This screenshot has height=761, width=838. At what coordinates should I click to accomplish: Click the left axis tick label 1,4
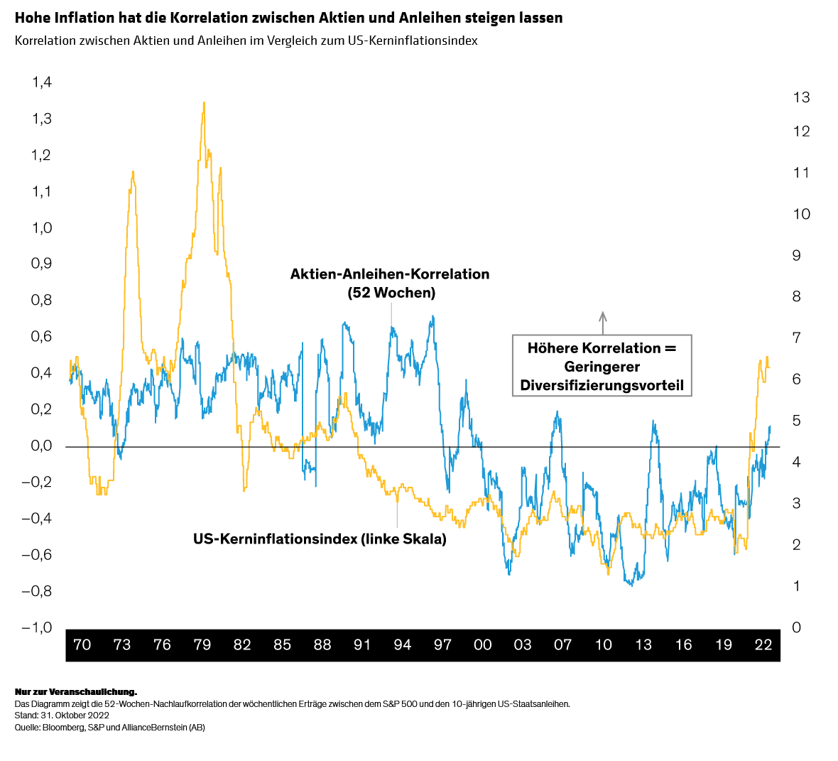(42, 82)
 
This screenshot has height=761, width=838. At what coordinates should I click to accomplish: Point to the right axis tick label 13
(802, 97)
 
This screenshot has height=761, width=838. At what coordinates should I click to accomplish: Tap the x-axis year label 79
(202, 645)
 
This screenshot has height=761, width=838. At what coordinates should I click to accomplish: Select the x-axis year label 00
(483, 645)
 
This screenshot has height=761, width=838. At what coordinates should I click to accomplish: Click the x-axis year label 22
(763, 645)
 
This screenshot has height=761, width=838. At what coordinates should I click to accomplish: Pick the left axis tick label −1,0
(37, 627)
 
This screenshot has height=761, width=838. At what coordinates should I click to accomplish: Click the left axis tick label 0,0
(42, 446)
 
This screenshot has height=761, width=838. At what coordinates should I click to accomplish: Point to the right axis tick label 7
(797, 338)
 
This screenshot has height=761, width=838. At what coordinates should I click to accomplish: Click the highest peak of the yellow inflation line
(204, 102)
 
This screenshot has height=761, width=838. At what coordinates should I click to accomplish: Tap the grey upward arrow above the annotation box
(603, 323)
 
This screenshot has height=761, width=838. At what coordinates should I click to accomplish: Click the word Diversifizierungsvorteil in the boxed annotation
(602, 386)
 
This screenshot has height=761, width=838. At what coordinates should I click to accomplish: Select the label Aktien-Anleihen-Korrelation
(390, 274)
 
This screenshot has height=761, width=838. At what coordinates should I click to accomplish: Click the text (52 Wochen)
(391, 293)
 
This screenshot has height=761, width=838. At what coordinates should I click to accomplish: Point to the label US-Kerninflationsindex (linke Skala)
(320, 539)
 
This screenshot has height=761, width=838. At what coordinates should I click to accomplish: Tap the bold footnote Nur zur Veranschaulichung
(76, 692)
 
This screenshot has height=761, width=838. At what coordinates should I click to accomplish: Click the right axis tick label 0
(797, 627)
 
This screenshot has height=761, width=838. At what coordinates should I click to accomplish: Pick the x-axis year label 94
(403, 645)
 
